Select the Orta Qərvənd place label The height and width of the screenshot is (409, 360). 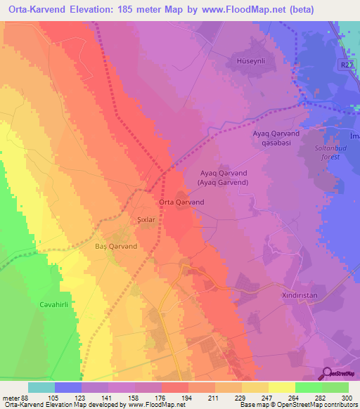coord(181,202)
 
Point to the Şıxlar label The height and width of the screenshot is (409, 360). coord(144,219)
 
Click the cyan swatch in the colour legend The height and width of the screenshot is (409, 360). coord(41,387)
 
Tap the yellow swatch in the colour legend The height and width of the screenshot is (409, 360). coord(281,387)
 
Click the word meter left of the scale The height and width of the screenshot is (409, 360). coord(10,397)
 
